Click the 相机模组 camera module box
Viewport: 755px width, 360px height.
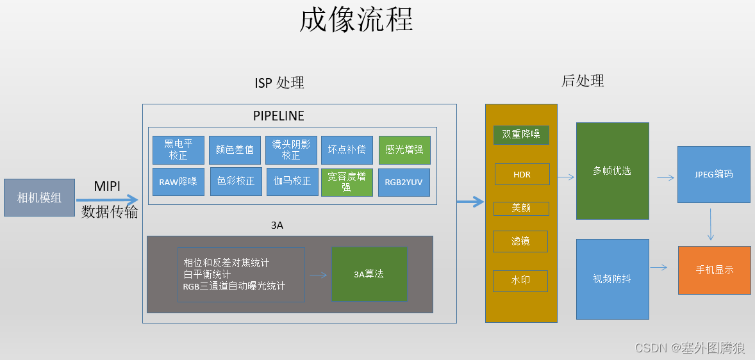[x=39, y=198]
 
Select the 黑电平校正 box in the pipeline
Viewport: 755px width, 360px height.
[x=178, y=150]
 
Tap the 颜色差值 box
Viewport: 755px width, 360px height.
[x=235, y=150]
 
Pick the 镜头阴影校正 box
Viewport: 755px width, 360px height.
[x=291, y=150]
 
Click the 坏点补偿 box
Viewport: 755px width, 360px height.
[x=347, y=150]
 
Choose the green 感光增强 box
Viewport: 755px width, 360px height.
[x=404, y=150]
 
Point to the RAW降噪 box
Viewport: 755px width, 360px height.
[x=178, y=182]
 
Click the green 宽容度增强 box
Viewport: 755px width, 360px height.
[x=347, y=182]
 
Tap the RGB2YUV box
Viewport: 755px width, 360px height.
[x=404, y=182]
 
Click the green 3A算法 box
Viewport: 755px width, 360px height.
[x=369, y=274]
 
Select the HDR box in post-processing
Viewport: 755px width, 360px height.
[x=522, y=174]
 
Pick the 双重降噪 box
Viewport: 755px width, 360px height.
[x=521, y=135]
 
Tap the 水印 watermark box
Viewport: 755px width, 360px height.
[x=520, y=281]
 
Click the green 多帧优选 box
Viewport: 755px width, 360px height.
[x=612, y=171]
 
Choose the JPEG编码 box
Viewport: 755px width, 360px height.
[x=713, y=174]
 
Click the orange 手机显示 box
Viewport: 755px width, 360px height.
[x=715, y=270]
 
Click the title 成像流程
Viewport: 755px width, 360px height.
[x=356, y=20]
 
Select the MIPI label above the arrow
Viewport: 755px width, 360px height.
[x=108, y=185]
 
